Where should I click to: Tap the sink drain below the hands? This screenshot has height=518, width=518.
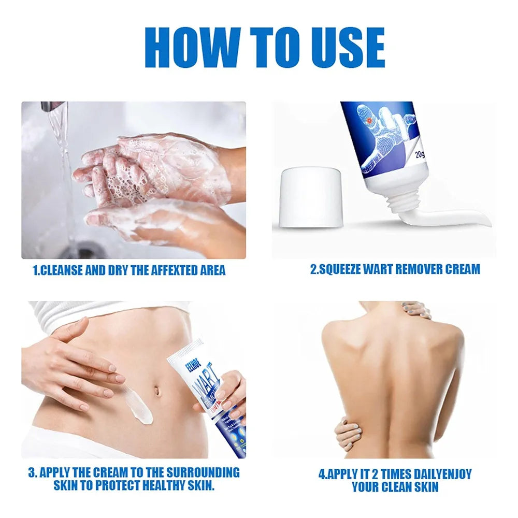point(83,251)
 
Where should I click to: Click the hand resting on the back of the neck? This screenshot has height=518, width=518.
point(416,310)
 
